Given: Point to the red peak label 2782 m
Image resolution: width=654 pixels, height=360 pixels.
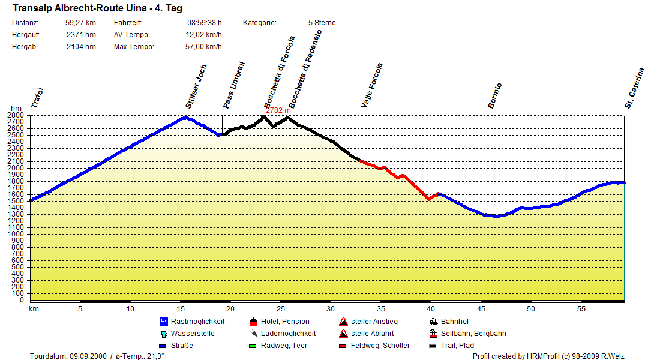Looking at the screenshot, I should coord(278,110).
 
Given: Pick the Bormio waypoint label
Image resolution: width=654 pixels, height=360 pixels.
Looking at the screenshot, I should coord(494,95).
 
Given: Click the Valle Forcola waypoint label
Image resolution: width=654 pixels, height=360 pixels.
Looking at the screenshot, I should coord(372,85).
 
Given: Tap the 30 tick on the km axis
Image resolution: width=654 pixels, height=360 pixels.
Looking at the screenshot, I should coord(331,309).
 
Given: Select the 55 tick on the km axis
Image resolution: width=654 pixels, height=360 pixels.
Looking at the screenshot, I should coord(581,309).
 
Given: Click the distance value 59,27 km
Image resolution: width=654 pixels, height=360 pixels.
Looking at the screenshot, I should coord(81,23).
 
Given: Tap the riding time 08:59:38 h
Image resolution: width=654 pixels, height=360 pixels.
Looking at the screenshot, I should coord(205,23).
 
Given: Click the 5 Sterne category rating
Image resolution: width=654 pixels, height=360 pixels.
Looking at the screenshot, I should coord(322,23).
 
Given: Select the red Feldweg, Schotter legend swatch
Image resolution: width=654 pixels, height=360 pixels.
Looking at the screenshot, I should coord(343,346).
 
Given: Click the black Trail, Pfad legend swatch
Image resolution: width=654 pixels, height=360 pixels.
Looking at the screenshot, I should coord(433,346).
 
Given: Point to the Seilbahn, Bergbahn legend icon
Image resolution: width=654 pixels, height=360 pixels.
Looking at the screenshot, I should coord(433,334).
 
